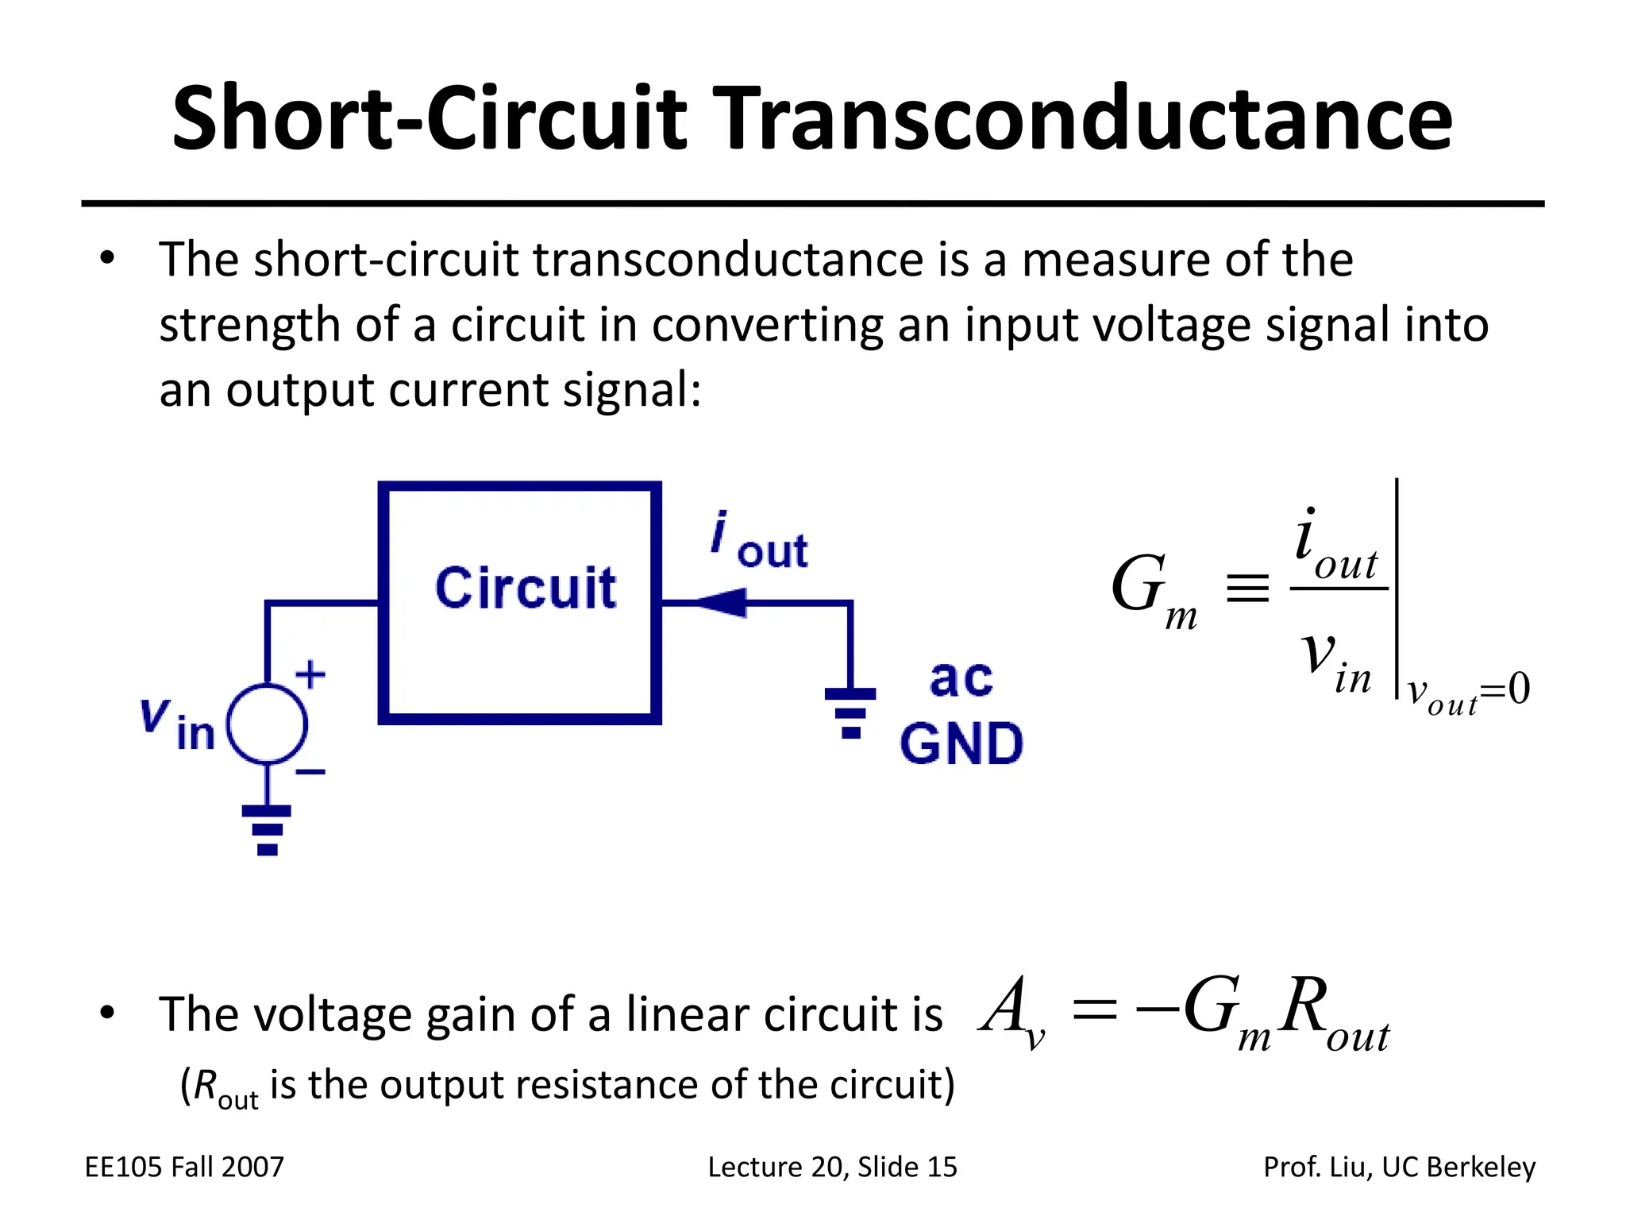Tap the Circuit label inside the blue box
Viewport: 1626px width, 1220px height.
(526, 588)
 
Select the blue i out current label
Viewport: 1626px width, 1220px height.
(759, 541)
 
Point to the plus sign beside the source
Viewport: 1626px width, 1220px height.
(310, 675)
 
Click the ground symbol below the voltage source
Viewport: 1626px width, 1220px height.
(267, 830)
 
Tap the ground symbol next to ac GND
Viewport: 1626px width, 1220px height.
(850, 713)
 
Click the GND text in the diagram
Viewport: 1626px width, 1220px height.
(961, 744)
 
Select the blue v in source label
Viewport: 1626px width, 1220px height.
(177, 724)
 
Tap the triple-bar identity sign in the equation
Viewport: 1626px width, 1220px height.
(1247, 589)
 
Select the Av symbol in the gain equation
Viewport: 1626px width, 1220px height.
(1012, 1013)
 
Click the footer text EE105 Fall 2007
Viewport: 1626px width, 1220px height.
(184, 1167)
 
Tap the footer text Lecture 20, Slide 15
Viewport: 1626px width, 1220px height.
(833, 1168)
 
